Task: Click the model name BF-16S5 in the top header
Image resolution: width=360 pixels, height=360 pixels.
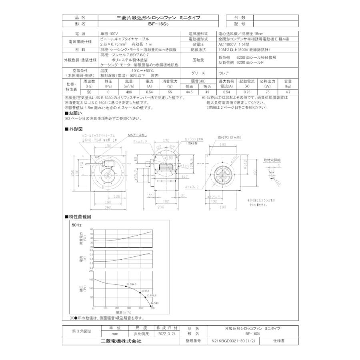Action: [158, 24]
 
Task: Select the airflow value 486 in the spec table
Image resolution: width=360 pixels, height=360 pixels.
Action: [129, 92]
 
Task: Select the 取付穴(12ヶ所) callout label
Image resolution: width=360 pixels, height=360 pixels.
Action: [230, 138]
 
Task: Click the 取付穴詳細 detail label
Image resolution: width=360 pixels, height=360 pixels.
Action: [272, 160]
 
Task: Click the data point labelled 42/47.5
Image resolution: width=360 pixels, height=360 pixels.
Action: [140, 292]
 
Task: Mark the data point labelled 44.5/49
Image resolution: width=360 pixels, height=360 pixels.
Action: [152, 306]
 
